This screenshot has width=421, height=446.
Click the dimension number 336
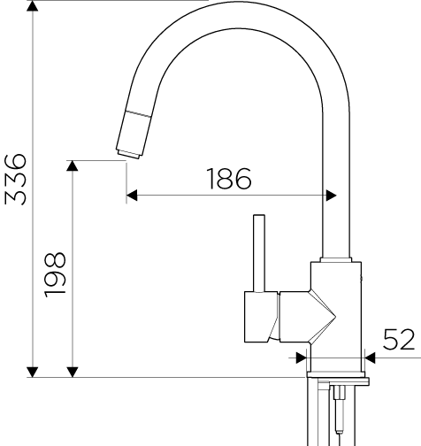pos(16,179)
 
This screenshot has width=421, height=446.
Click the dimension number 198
pos(55,274)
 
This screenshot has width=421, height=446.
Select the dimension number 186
pos(229,179)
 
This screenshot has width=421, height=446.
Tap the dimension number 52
pos(399,339)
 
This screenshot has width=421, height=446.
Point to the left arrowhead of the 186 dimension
pos(132,196)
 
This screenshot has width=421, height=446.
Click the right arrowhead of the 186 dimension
pos(331,196)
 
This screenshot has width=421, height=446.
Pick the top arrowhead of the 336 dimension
pos(33,5)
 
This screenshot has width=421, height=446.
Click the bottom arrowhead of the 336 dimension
pos(33,372)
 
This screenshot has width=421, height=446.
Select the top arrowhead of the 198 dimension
pos(73,165)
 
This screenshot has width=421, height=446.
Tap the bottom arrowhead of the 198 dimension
pos(73,372)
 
